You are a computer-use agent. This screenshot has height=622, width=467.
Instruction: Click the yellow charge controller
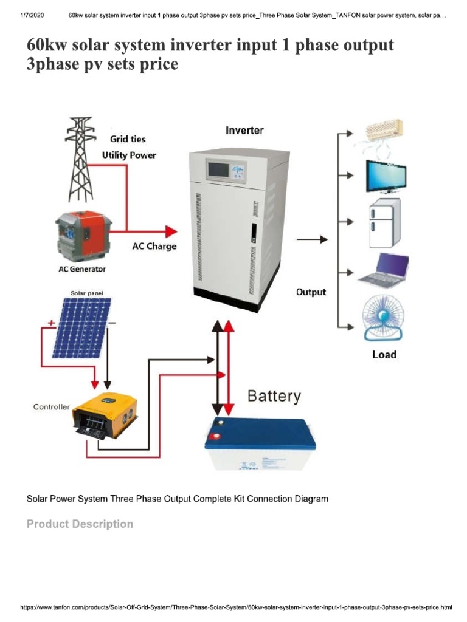104,417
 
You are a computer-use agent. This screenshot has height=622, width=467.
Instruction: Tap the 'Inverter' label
244,130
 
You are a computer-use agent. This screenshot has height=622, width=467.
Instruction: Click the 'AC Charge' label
154,247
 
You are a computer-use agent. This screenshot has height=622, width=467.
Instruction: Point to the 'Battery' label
274,397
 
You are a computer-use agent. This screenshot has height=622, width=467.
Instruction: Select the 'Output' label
311,292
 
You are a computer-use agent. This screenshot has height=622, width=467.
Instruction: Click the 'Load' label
384,355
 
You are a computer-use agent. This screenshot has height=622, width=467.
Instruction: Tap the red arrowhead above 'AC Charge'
170,231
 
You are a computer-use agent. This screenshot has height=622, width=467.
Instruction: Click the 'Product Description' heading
80,524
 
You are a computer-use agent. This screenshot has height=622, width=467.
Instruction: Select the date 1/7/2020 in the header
33,15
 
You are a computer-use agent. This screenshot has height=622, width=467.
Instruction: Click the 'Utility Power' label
128,155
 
